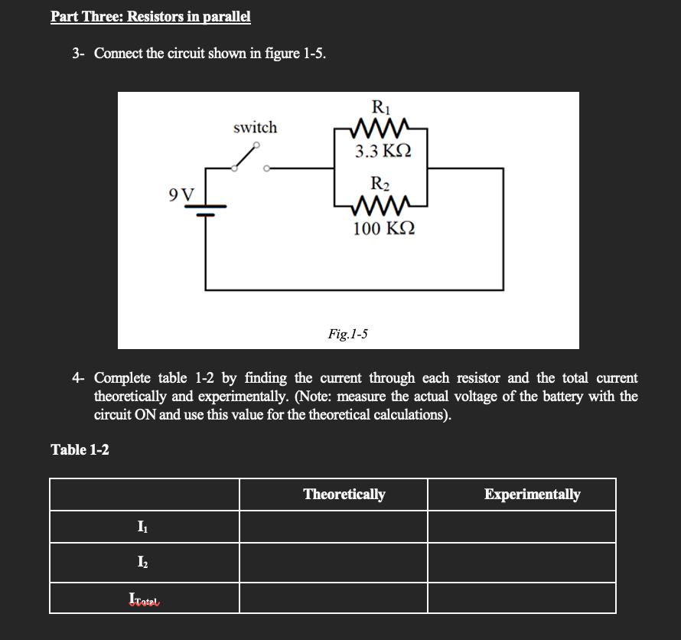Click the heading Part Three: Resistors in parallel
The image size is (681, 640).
(x=151, y=16)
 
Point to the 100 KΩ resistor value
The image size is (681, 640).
(x=384, y=228)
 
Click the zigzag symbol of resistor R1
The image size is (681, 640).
(x=380, y=127)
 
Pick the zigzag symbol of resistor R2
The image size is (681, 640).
(x=380, y=204)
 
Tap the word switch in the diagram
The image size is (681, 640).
(x=255, y=127)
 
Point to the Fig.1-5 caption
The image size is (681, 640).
(x=348, y=333)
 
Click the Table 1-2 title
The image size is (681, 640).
(x=80, y=449)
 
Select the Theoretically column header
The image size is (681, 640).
(x=344, y=494)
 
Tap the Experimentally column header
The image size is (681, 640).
(x=532, y=494)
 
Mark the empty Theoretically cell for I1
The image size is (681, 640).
(x=333, y=526)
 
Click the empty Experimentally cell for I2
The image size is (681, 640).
(x=521, y=563)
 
